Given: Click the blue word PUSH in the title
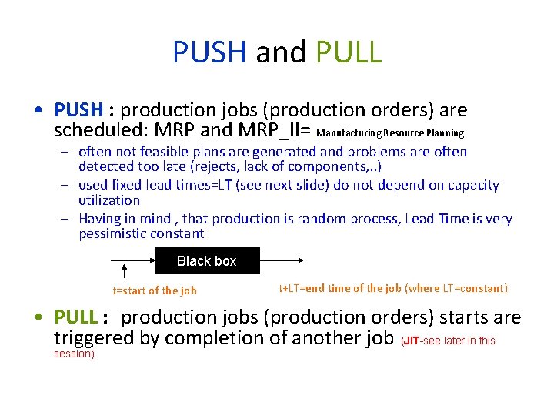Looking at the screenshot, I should coord(209,52).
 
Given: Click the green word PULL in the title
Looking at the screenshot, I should coord(349,52).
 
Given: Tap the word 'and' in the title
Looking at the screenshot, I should coord(281,52).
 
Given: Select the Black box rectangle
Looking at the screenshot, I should coord(207,261).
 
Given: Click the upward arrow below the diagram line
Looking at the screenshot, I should coord(125,270).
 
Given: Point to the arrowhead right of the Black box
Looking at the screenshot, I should coord(307,261).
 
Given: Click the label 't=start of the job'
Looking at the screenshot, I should coord(155,290).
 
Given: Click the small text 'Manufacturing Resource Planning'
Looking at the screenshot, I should coord(390,133).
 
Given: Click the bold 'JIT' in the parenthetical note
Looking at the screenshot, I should coord(413,341).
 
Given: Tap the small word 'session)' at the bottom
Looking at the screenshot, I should coord(74,354).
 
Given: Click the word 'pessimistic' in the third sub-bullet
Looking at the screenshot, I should coord(113,233).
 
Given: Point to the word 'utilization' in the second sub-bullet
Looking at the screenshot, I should coord(109,200).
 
